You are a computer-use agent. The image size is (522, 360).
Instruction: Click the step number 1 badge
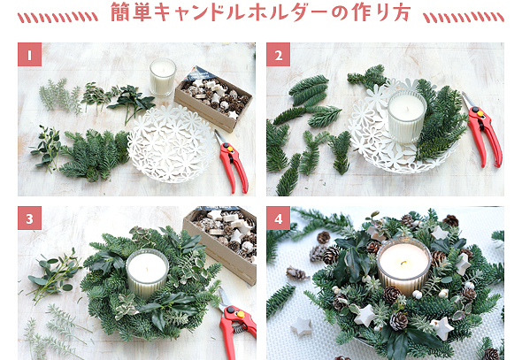tap(29, 54)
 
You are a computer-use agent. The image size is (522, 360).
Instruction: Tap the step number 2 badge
tap(279, 54)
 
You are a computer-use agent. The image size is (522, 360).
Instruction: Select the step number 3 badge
tap(29, 218)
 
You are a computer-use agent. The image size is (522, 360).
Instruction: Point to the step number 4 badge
tap(279, 218)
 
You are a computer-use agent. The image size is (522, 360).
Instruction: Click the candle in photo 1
tap(163, 77)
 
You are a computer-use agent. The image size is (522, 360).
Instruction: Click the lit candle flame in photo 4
tap(403, 264)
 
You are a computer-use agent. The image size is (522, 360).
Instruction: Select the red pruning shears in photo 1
tap(232, 162)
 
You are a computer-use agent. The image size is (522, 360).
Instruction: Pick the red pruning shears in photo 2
tap(483, 130)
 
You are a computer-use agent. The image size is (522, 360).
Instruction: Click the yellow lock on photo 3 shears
tap(240, 314)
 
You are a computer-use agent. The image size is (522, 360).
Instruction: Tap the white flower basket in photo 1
tap(172, 143)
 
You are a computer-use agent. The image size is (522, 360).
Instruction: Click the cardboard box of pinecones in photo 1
tap(213, 99)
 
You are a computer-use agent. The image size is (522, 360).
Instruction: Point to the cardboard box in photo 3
tap(221, 245)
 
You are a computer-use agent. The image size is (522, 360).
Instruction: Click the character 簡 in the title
tap(121, 12)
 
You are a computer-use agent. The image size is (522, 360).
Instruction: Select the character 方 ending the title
tap(401, 12)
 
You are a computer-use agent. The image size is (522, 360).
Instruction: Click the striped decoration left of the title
tap(58, 18)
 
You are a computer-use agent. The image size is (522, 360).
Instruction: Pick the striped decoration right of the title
tap(464, 18)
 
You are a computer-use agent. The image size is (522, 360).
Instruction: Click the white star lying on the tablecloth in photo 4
tap(302, 327)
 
